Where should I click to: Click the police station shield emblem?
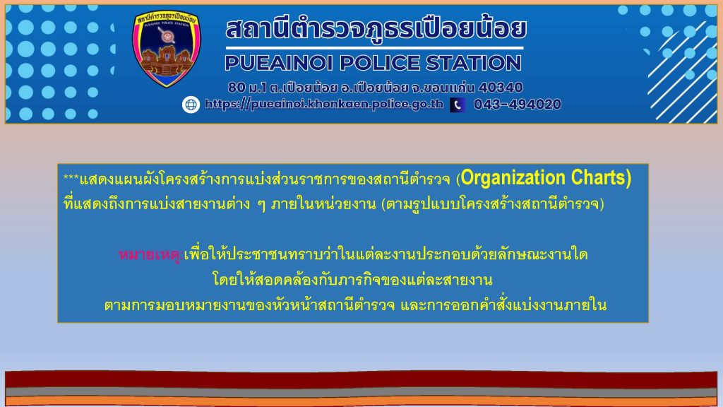pyautogui.click(x=167, y=49)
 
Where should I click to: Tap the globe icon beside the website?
pyautogui.click(x=191, y=105)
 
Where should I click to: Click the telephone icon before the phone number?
pyautogui.click(x=458, y=105)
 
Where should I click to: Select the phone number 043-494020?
pyautogui.click(x=518, y=105)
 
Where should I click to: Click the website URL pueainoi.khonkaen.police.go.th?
pyautogui.click(x=324, y=105)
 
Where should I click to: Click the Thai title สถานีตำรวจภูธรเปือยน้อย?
pyautogui.click(x=376, y=28)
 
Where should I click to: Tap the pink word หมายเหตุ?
pyautogui.click(x=150, y=254)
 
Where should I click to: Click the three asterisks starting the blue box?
pyautogui.click(x=71, y=177)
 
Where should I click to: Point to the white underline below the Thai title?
pyautogui.click(x=375, y=48)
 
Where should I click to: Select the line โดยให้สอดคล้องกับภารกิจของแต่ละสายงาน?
pyautogui.click(x=353, y=280)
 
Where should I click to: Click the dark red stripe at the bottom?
pyautogui.click(x=361, y=379)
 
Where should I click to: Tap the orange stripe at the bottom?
pyautogui.click(x=361, y=401)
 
